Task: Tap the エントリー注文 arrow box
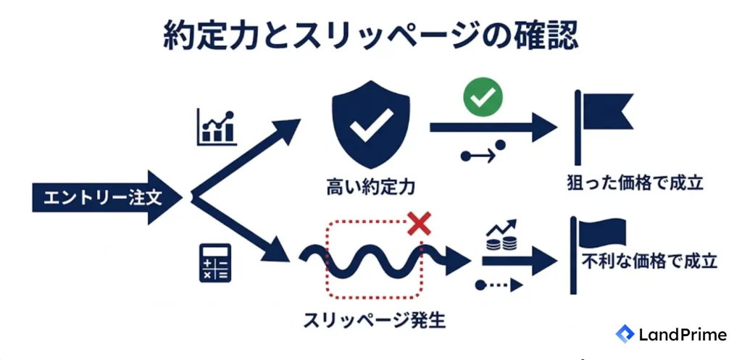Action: pos(107,198)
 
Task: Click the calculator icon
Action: pos(214,263)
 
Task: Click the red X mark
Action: pos(420,223)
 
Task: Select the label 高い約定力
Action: pos(370,187)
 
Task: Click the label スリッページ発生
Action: pos(375,321)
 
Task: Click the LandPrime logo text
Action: pos(683,335)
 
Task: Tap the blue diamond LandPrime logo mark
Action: pos(625,334)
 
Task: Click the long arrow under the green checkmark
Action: pos(493,127)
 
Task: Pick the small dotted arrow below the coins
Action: pos(499,285)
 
